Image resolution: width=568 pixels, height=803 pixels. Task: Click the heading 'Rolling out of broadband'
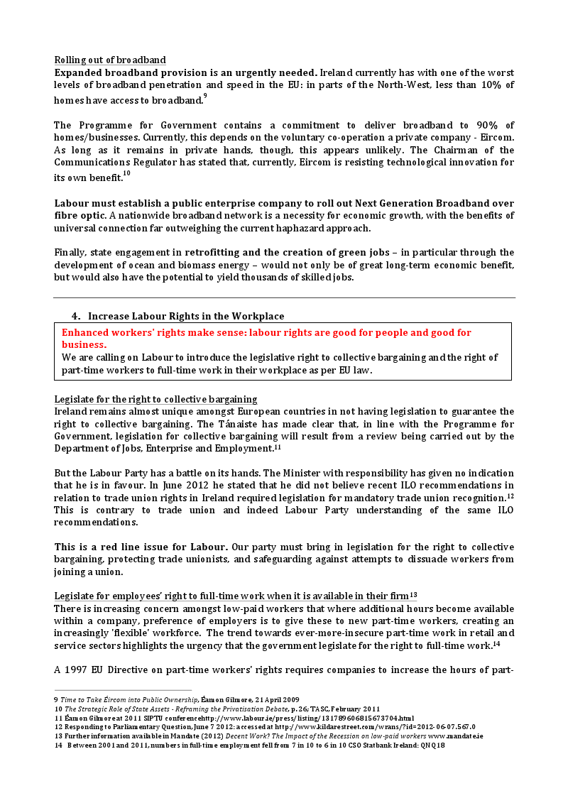coord(110,60)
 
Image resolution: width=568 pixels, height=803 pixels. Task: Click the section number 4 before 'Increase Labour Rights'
coord(75,316)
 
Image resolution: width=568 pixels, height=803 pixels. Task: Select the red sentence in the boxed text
coord(266,338)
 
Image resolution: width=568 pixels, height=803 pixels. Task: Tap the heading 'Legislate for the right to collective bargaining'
coord(155,399)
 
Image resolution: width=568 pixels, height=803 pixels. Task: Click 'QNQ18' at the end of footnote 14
coord(430,745)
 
